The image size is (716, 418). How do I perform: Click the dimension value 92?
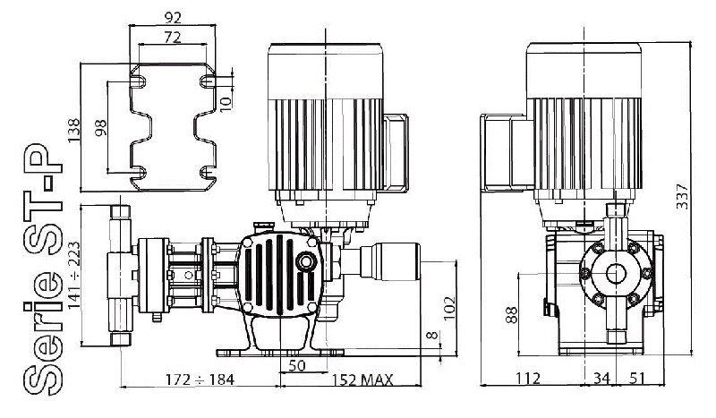(175, 16)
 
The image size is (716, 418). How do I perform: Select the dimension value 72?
(175, 37)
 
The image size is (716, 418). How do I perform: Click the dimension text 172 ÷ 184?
(201, 380)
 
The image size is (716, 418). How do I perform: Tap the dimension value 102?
(450, 306)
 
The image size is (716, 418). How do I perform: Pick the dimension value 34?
(601, 380)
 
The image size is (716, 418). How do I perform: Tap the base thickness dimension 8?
(433, 337)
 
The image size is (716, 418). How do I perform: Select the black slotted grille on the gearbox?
(276, 275)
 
